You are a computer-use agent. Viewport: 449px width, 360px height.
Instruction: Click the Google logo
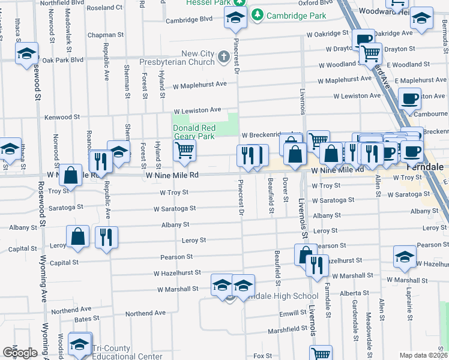click(x=20, y=353)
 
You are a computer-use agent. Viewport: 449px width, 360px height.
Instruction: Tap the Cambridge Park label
click(x=289, y=14)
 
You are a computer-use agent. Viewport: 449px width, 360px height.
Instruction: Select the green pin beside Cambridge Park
click(x=258, y=14)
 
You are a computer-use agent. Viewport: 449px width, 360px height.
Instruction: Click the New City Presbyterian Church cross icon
click(x=224, y=58)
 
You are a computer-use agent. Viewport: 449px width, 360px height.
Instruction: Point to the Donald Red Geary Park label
click(x=193, y=132)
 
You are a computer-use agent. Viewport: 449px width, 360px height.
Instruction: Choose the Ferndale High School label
click(x=281, y=296)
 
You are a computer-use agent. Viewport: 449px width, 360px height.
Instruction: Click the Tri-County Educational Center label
click(x=127, y=352)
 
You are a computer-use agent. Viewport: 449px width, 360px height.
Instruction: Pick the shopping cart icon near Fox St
click(x=321, y=354)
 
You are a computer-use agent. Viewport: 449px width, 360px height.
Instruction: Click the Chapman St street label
click(x=105, y=35)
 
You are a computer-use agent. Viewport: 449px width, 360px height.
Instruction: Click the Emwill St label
click(x=292, y=313)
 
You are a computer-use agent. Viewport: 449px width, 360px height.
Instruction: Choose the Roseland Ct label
click(x=104, y=8)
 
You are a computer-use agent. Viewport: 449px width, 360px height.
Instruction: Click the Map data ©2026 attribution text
click(x=423, y=355)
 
